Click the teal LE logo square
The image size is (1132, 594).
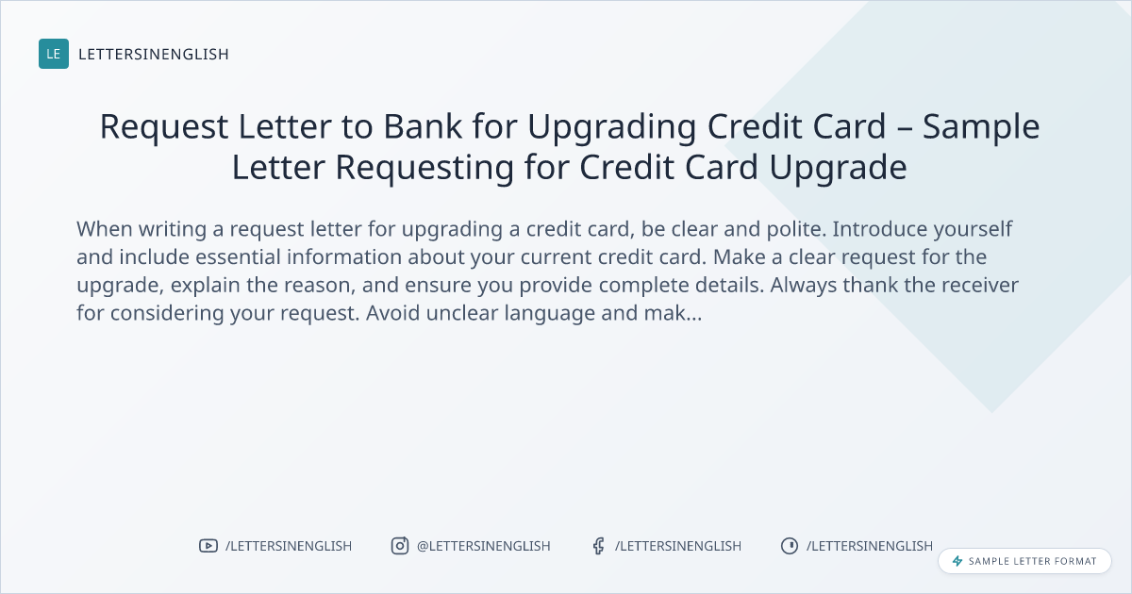click(x=54, y=54)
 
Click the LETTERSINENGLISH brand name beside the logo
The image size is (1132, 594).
click(x=154, y=54)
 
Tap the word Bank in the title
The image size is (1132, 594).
click(x=423, y=126)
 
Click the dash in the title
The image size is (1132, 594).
click(x=905, y=128)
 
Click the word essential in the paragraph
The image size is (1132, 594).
click(x=238, y=257)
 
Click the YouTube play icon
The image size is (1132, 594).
click(x=208, y=546)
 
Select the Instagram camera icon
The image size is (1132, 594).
click(x=400, y=546)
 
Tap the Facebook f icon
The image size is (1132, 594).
click(x=598, y=546)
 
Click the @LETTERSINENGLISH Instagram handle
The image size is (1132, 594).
click(x=484, y=546)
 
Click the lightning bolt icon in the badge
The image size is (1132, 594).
click(x=957, y=561)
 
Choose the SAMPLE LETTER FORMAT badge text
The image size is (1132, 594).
click(x=1032, y=561)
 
